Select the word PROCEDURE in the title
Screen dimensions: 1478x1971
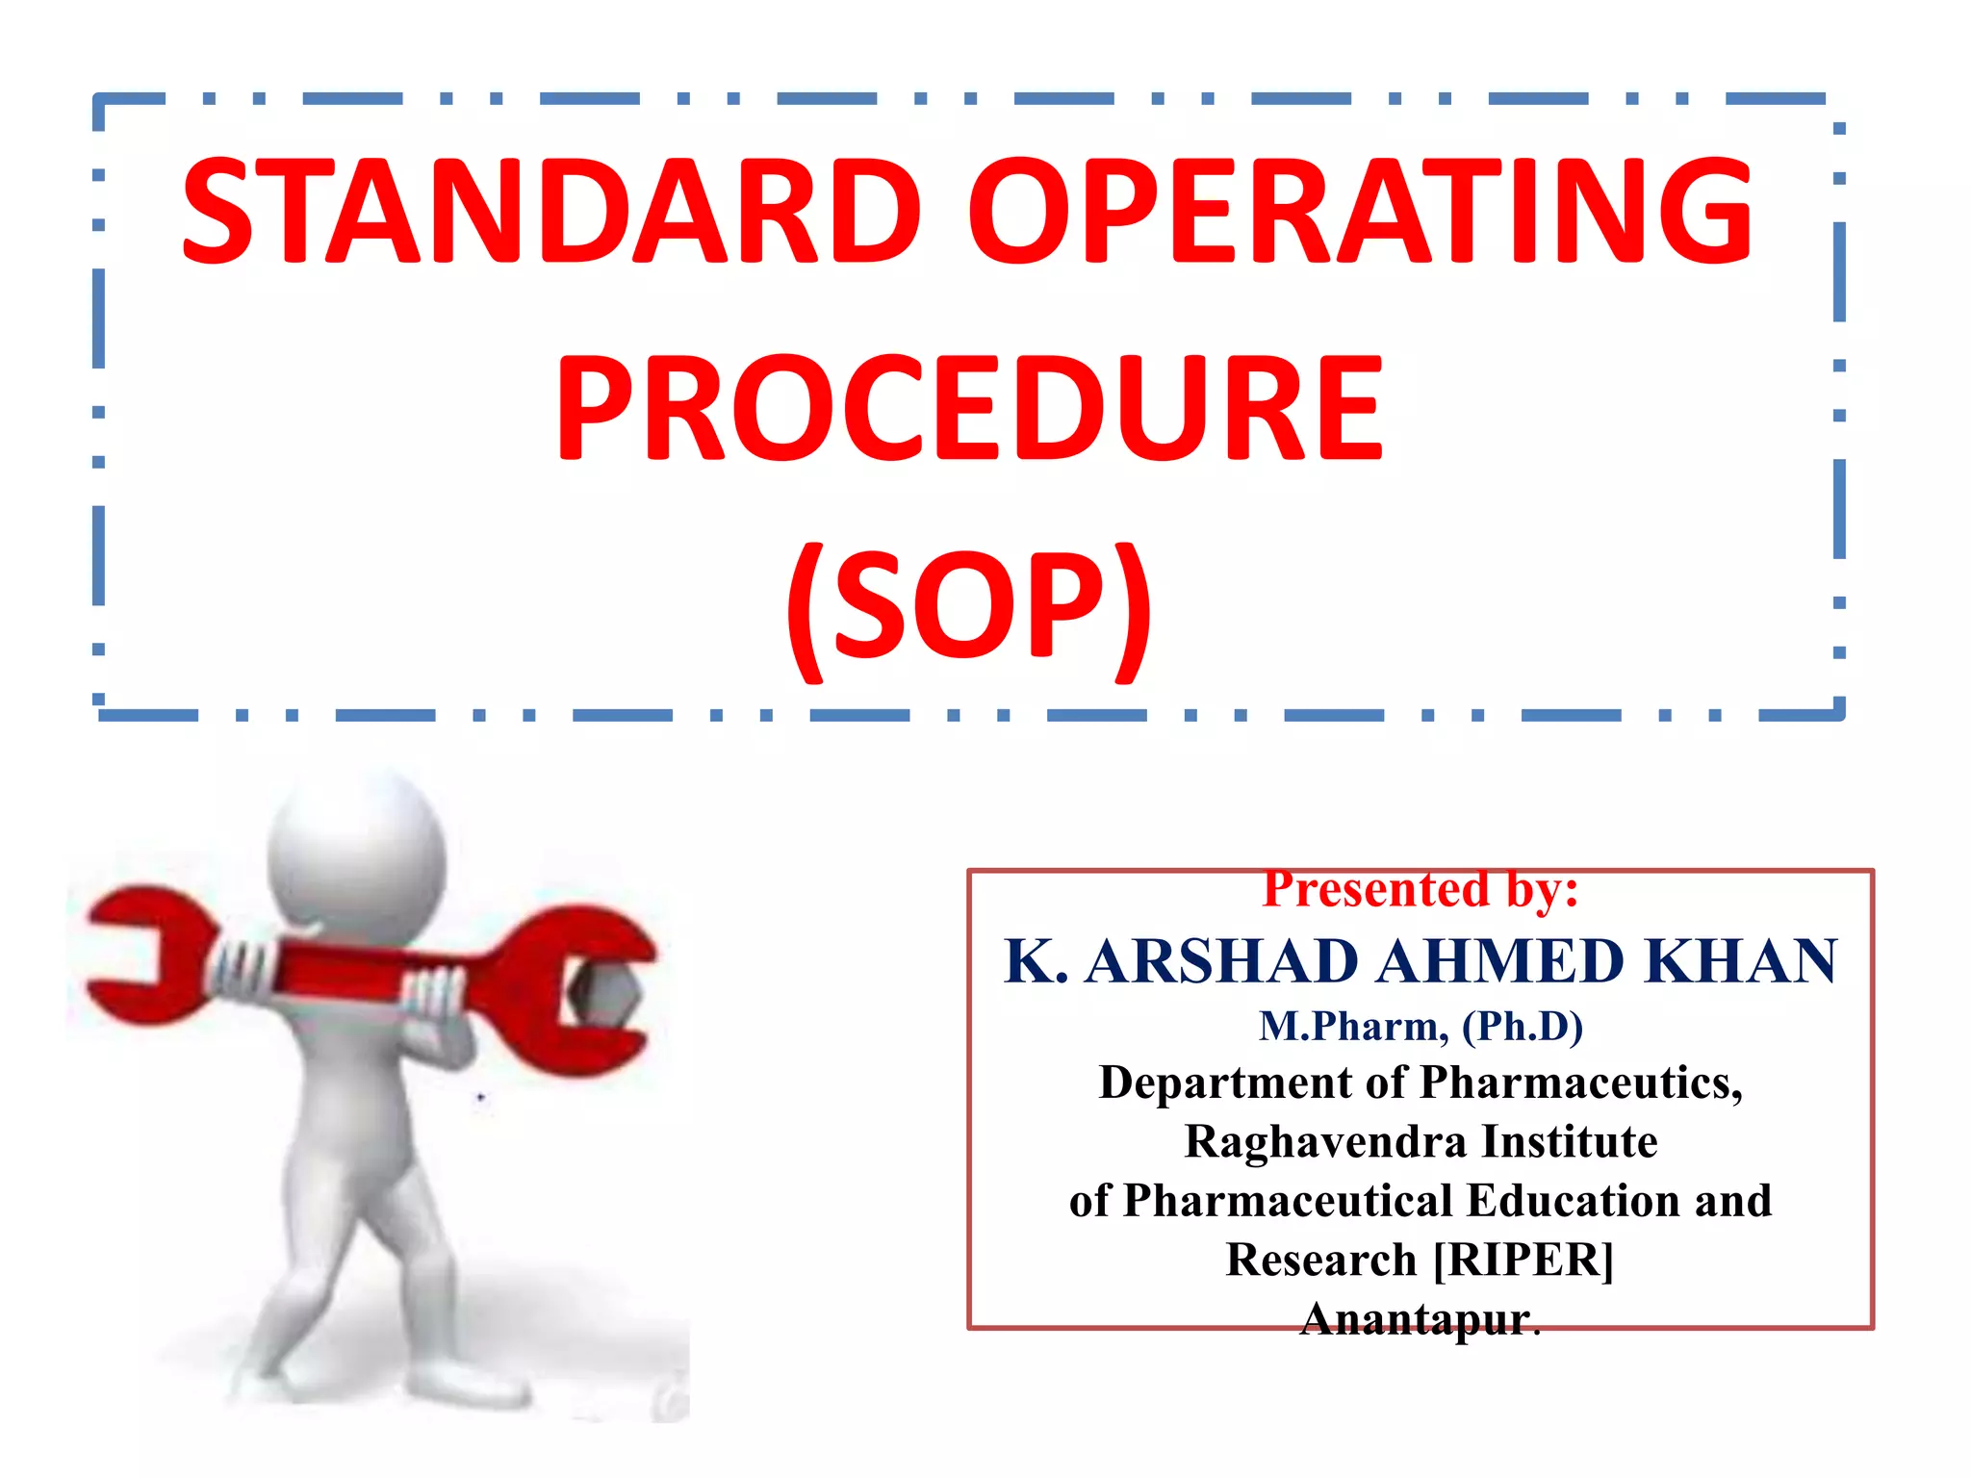(x=969, y=408)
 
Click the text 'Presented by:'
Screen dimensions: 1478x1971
(x=1421, y=889)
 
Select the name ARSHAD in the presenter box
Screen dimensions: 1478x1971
(x=1220, y=961)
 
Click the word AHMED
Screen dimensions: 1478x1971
(x=1499, y=961)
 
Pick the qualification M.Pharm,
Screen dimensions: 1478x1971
(x=1353, y=1027)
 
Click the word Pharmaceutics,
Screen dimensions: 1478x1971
(x=1581, y=1083)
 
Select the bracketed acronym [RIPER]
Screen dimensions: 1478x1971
(x=1523, y=1260)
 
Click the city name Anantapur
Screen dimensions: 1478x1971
(x=1415, y=1319)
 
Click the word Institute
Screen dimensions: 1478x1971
(x=1569, y=1142)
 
